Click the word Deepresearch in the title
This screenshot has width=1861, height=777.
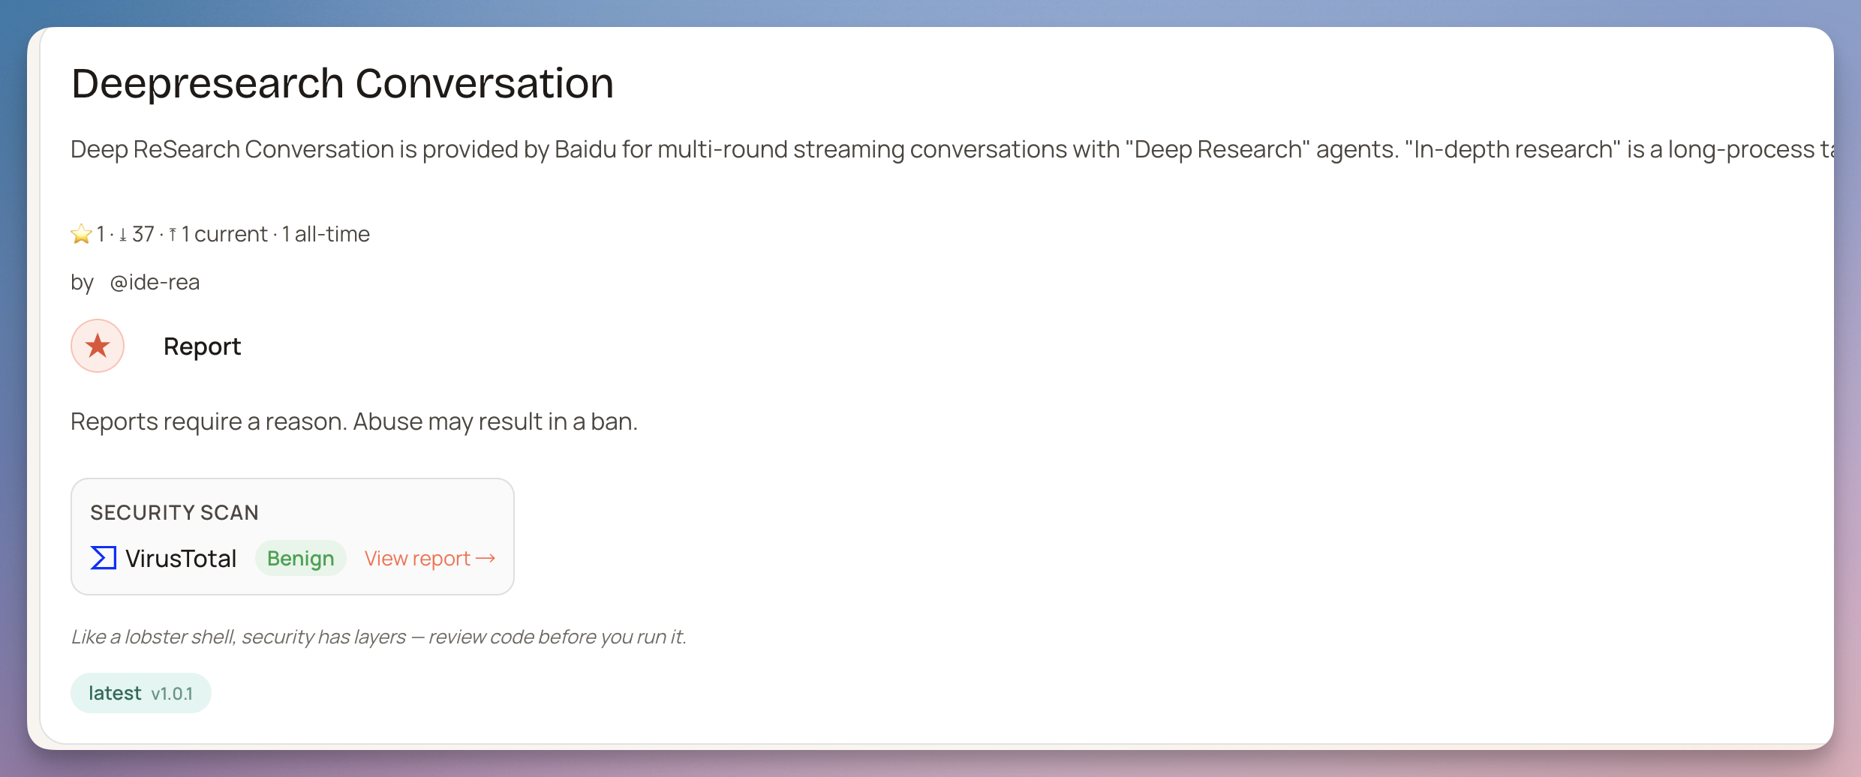pyautogui.click(x=208, y=83)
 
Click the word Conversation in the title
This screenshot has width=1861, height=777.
pyautogui.click(x=484, y=83)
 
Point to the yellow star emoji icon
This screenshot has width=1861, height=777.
pyautogui.click(x=81, y=234)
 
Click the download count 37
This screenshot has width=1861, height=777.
pyautogui.click(x=143, y=234)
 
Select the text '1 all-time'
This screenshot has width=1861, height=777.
pyautogui.click(x=326, y=234)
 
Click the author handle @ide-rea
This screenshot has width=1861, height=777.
pyautogui.click(x=155, y=282)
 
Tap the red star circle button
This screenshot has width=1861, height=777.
pyautogui.click(x=98, y=346)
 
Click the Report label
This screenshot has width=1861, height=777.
pyautogui.click(x=202, y=346)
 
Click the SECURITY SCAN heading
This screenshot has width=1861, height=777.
pyautogui.click(x=174, y=512)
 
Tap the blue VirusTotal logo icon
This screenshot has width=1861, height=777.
pyautogui.click(x=104, y=558)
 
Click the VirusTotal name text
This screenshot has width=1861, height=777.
pyautogui.click(x=181, y=559)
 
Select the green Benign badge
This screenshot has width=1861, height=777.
pyautogui.click(x=300, y=559)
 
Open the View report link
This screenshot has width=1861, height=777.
pyautogui.click(x=430, y=559)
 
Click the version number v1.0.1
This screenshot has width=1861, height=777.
pyautogui.click(x=172, y=694)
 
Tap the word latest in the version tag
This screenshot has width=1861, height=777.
pyautogui.click(x=115, y=693)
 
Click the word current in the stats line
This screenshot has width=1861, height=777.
pyautogui.click(x=230, y=234)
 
